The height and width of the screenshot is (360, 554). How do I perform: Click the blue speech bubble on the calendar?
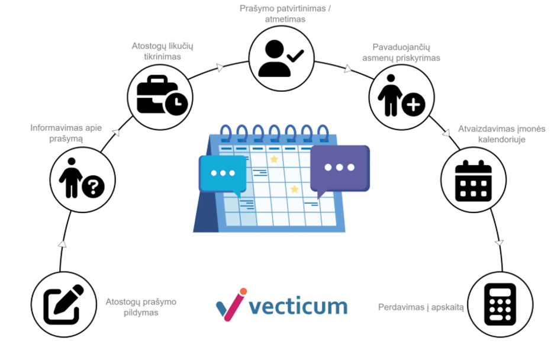coord(223,173)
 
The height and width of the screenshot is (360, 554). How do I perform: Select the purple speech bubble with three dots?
coord(339,168)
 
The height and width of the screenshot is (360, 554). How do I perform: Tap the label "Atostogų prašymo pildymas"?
coord(141,307)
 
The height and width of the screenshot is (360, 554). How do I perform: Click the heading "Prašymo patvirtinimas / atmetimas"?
coord(285,13)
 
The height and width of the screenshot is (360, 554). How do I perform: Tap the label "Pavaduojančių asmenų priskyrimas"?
coord(401,52)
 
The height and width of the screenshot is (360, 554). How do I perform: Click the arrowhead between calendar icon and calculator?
coord(500,243)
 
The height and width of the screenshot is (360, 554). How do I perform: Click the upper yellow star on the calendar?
coord(273,159)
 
